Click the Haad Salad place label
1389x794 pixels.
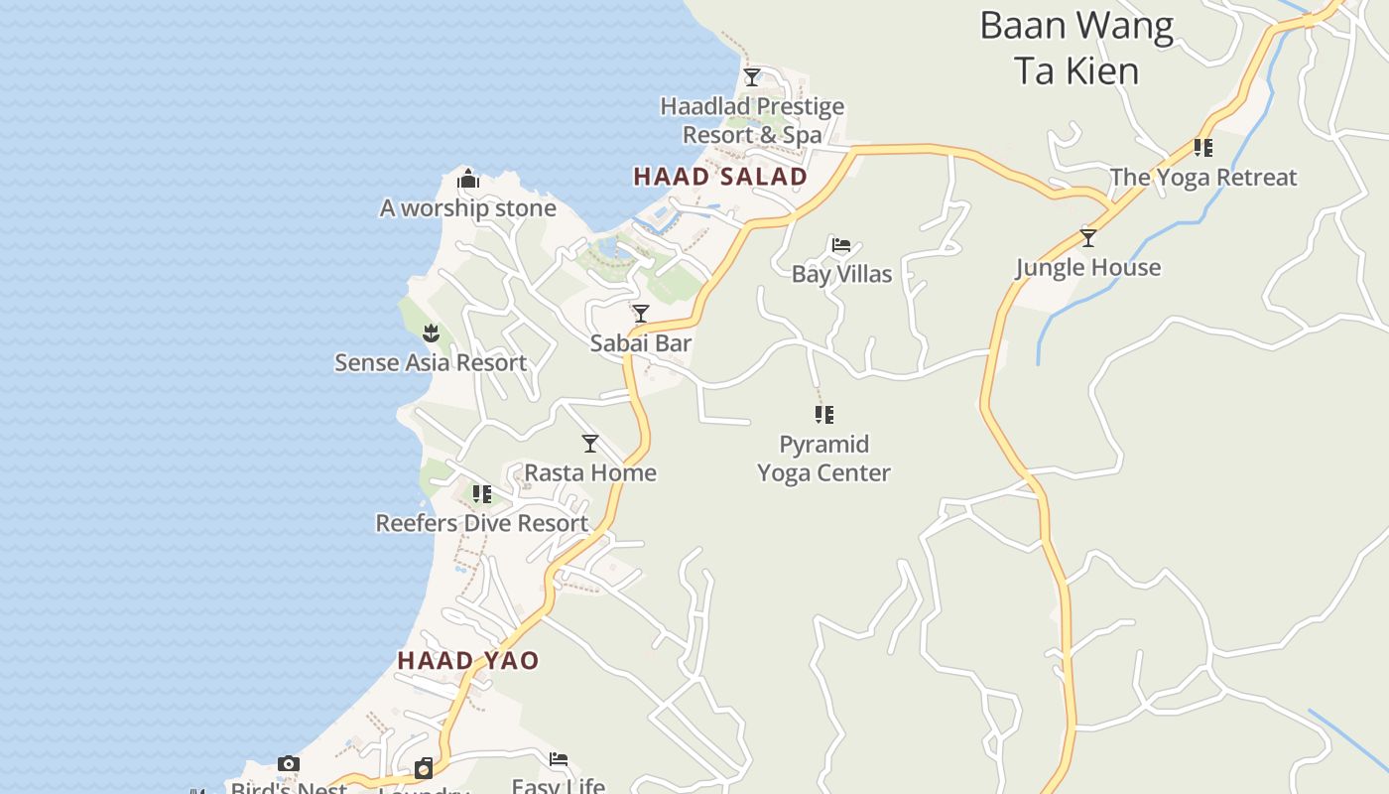pos(719,177)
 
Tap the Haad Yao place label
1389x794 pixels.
pos(468,660)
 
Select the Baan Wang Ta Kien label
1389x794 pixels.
pos(1076,48)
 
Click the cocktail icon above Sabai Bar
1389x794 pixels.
pos(641,314)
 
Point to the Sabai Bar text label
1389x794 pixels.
pos(641,343)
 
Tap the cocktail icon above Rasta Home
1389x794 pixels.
pos(590,443)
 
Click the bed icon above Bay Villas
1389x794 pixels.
pos(841,245)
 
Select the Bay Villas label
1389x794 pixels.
pos(841,274)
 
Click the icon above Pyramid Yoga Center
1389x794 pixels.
pos(824,414)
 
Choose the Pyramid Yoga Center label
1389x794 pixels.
pos(823,459)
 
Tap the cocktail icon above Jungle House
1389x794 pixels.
pos(1088,238)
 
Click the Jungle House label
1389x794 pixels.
pos(1088,267)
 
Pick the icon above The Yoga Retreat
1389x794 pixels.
pos(1203,148)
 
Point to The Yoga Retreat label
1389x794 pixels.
pos(1203,178)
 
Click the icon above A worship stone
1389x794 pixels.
pos(468,180)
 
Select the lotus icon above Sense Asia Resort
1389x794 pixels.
pos(431,332)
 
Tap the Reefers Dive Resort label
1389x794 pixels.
pos(482,523)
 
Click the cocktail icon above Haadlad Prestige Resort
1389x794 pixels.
pos(752,76)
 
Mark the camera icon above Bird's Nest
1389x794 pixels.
pos(289,763)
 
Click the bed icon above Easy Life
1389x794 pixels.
pos(559,760)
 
